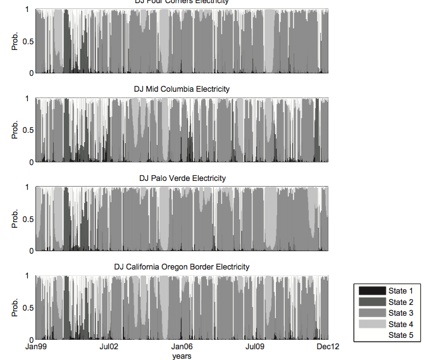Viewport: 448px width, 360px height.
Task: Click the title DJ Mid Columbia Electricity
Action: pyautogui.click(x=182, y=89)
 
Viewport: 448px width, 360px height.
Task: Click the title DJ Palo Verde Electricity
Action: pyautogui.click(x=182, y=178)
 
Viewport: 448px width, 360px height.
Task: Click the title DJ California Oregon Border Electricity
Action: pyautogui.click(x=182, y=267)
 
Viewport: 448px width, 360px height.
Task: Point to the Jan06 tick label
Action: pyautogui.click(x=182, y=347)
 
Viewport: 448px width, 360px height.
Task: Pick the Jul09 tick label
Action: pyautogui.click(x=254, y=347)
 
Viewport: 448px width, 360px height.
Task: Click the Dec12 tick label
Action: pyautogui.click(x=327, y=347)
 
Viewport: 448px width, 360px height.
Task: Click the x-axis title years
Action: pyautogui.click(x=182, y=356)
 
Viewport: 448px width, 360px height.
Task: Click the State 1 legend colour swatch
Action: pyautogui.click(x=372, y=291)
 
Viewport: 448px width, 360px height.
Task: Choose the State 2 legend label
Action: pyautogui.click(x=401, y=302)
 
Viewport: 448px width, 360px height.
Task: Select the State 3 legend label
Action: pyautogui.click(x=401, y=313)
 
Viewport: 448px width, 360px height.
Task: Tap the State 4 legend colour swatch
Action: pyautogui.click(x=372, y=325)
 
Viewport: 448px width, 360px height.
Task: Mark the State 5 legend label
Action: pyautogui.click(x=401, y=335)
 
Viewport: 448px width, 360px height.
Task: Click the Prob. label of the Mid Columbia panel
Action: pyautogui.click(x=15, y=130)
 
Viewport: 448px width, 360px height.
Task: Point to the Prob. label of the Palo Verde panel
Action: pyautogui.click(x=15, y=219)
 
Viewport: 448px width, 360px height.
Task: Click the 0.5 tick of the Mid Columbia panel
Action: pyautogui.click(x=26, y=130)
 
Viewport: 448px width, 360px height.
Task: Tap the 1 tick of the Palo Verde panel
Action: pyautogui.click(x=29, y=187)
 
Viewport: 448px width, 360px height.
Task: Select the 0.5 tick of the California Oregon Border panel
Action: pyautogui.click(x=26, y=308)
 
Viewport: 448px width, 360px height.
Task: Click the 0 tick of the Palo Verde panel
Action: pyautogui.click(x=29, y=251)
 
